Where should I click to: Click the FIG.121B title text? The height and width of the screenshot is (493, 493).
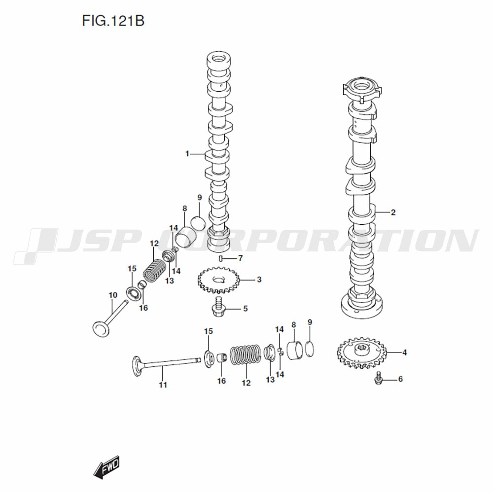(113, 21)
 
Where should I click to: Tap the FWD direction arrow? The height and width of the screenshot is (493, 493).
(107, 466)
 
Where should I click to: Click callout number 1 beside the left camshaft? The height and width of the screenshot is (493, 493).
(187, 154)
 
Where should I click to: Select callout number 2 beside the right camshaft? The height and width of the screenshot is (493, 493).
(393, 212)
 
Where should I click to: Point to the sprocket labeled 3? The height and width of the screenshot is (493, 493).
(218, 280)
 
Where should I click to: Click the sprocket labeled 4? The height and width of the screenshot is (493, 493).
(361, 353)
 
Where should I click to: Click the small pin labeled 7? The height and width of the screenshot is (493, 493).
(221, 258)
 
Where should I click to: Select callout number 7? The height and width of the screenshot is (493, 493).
(241, 258)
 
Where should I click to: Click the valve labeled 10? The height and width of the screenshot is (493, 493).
(110, 318)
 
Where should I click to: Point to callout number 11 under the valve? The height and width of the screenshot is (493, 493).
(163, 385)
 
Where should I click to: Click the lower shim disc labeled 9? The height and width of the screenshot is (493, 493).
(310, 349)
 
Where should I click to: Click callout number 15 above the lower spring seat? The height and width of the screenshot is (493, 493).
(209, 331)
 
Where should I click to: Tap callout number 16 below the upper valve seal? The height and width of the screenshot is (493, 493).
(143, 308)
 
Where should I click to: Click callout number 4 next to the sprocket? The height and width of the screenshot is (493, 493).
(405, 352)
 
